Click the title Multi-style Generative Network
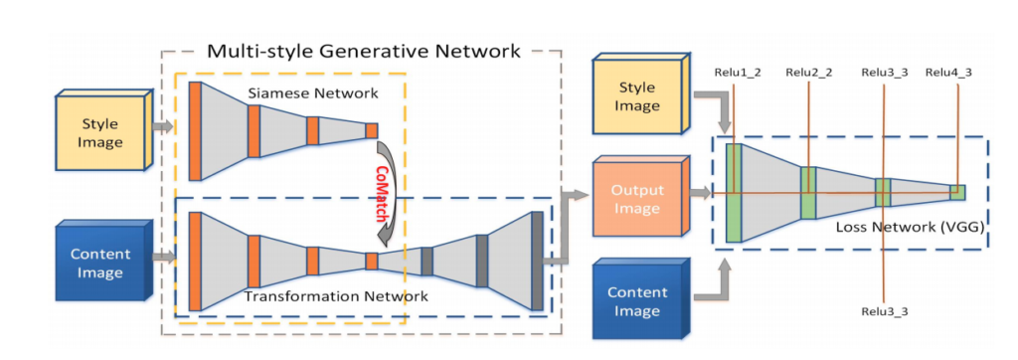pyautogui.click(x=364, y=50)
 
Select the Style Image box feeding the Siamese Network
pyautogui.click(x=103, y=131)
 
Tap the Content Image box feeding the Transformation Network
pyautogui.click(x=103, y=262)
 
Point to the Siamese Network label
pyautogui.click(x=312, y=93)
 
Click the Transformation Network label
pyautogui.click(x=336, y=297)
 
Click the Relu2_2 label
pyautogui.click(x=808, y=72)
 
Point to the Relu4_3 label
pyautogui.click(x=948, y=72)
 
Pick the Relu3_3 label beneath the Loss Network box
pyautogui.click(x=884, y=311)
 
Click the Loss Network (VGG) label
pyautogui.click(x=910, y=228)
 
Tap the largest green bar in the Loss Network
pyautogui.click(x=734, y=193)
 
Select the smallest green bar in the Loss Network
pyautogui.click(x=957, y=193)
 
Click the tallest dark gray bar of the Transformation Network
pyautogui.click(x=537, y=262)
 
